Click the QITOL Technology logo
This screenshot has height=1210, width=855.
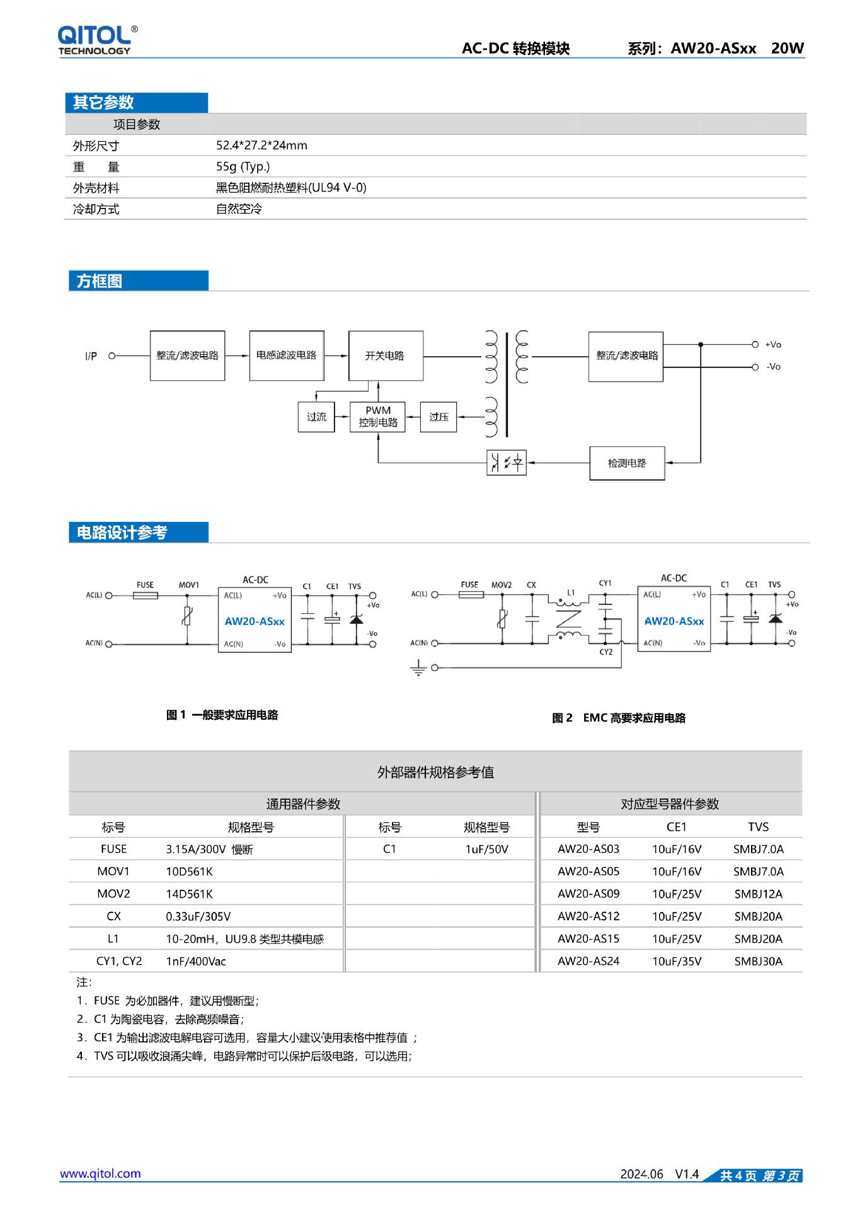coord(97,40)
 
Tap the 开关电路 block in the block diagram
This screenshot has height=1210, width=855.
coord(385,355)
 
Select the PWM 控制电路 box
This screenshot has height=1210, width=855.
coord(378,417)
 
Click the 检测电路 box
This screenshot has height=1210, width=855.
coord(627,463)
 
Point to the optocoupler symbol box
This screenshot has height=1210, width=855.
coord(507,463)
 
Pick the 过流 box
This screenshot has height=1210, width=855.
coord(316,417)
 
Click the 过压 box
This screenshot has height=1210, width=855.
coord(439,417)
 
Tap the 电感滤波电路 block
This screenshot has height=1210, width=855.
coord(287,355)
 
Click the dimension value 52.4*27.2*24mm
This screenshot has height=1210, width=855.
coord(261,146)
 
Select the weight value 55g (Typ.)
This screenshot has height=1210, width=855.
coord(243,166)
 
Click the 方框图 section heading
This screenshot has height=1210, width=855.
coord(100,281)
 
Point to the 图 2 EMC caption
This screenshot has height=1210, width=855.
coord(618,718)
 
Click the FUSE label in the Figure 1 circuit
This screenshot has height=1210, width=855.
coord(145,585)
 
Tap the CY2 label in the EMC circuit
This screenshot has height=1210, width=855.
coord(605,652)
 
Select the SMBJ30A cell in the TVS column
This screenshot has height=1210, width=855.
coord(758,961)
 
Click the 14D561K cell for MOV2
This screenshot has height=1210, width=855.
coord(189,894)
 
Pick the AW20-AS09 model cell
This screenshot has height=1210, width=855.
coord(588,894)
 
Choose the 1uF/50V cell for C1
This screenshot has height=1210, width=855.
coord(486,849)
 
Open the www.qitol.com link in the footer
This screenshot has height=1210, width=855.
coord(100,1173)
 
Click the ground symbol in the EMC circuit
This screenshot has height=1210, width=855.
coord(418,667)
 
